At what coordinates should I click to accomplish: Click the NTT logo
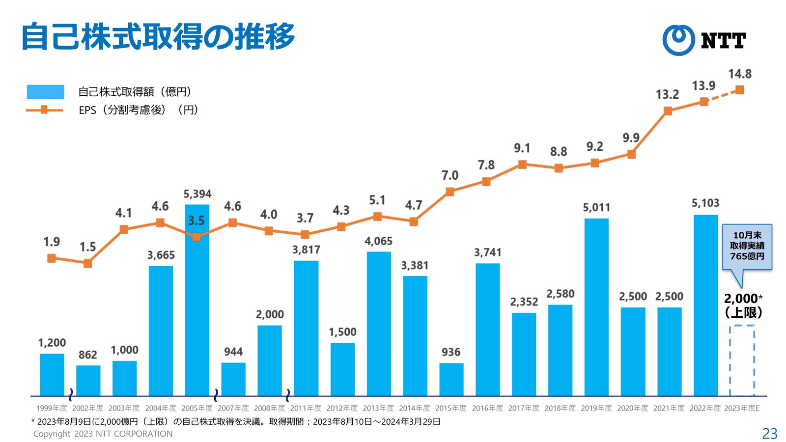click(703, 40)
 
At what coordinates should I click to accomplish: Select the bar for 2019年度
click(596, 307)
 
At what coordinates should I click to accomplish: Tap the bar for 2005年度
click(197, 300)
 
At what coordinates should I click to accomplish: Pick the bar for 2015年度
click(451, 379)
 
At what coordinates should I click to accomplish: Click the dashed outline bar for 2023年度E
click(742, 360)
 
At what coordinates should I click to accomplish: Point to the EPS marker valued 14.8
click(740, 90)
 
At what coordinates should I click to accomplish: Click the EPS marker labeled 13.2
click(668, 111)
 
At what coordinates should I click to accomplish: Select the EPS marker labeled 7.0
click(450, 192)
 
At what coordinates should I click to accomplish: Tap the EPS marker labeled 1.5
click(88, 264)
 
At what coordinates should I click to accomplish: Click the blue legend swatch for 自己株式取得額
click(45, 92)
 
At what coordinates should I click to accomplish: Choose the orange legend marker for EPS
click(44, 110)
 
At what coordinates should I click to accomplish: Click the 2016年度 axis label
click(487, 408)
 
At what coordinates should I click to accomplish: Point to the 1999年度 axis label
click(51, 408)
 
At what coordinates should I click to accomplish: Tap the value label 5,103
click(705, 203)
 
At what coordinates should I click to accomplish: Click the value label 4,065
click(378, 241)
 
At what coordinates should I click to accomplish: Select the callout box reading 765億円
click(747, 247)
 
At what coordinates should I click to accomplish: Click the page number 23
click(770, 434)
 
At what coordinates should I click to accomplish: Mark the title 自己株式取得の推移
click(158, 36)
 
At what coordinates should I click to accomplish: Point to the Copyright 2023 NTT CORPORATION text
click(103, 434)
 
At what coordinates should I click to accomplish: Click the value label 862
click(88, 355)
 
